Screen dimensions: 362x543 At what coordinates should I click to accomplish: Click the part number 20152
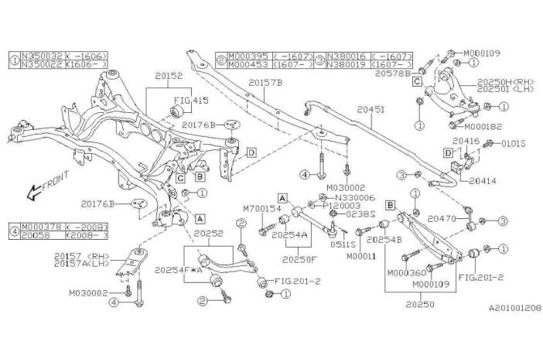[169, 77]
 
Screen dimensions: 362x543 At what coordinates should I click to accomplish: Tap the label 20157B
[266, 83]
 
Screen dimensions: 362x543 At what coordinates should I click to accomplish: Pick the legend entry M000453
[246, 66]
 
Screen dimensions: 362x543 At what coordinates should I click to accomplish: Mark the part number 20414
[483, 180]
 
